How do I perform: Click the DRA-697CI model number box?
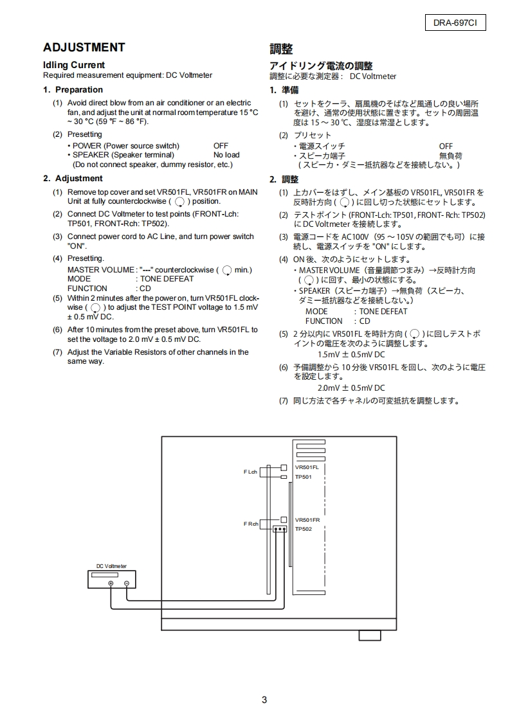tap(455, 24)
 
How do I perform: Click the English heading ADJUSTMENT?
tap(84, 48)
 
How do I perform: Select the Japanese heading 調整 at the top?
tap(281, 49)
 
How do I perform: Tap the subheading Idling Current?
tap(73, 65)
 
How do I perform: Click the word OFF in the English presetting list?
tap(221, 146)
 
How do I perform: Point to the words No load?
tap(226, 155)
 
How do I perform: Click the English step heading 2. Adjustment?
tap(73, 179)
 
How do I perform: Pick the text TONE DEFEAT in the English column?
tap(166, 280)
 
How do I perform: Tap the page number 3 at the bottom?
tap(264, 700)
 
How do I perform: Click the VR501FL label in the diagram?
tap(307, 467)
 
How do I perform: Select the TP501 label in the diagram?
tap(303, 477)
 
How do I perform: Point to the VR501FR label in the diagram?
tap(307, 519)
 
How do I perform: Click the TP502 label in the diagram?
tap(303, 529)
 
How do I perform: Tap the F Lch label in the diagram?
tap(250, 472)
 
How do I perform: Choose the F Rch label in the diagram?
tap(250, 524)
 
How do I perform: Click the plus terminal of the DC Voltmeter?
tap(111, 583)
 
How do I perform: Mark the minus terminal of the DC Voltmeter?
tap(127, 583)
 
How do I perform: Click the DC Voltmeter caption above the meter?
tap(111, 566)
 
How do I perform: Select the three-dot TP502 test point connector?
tap(279, 529)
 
